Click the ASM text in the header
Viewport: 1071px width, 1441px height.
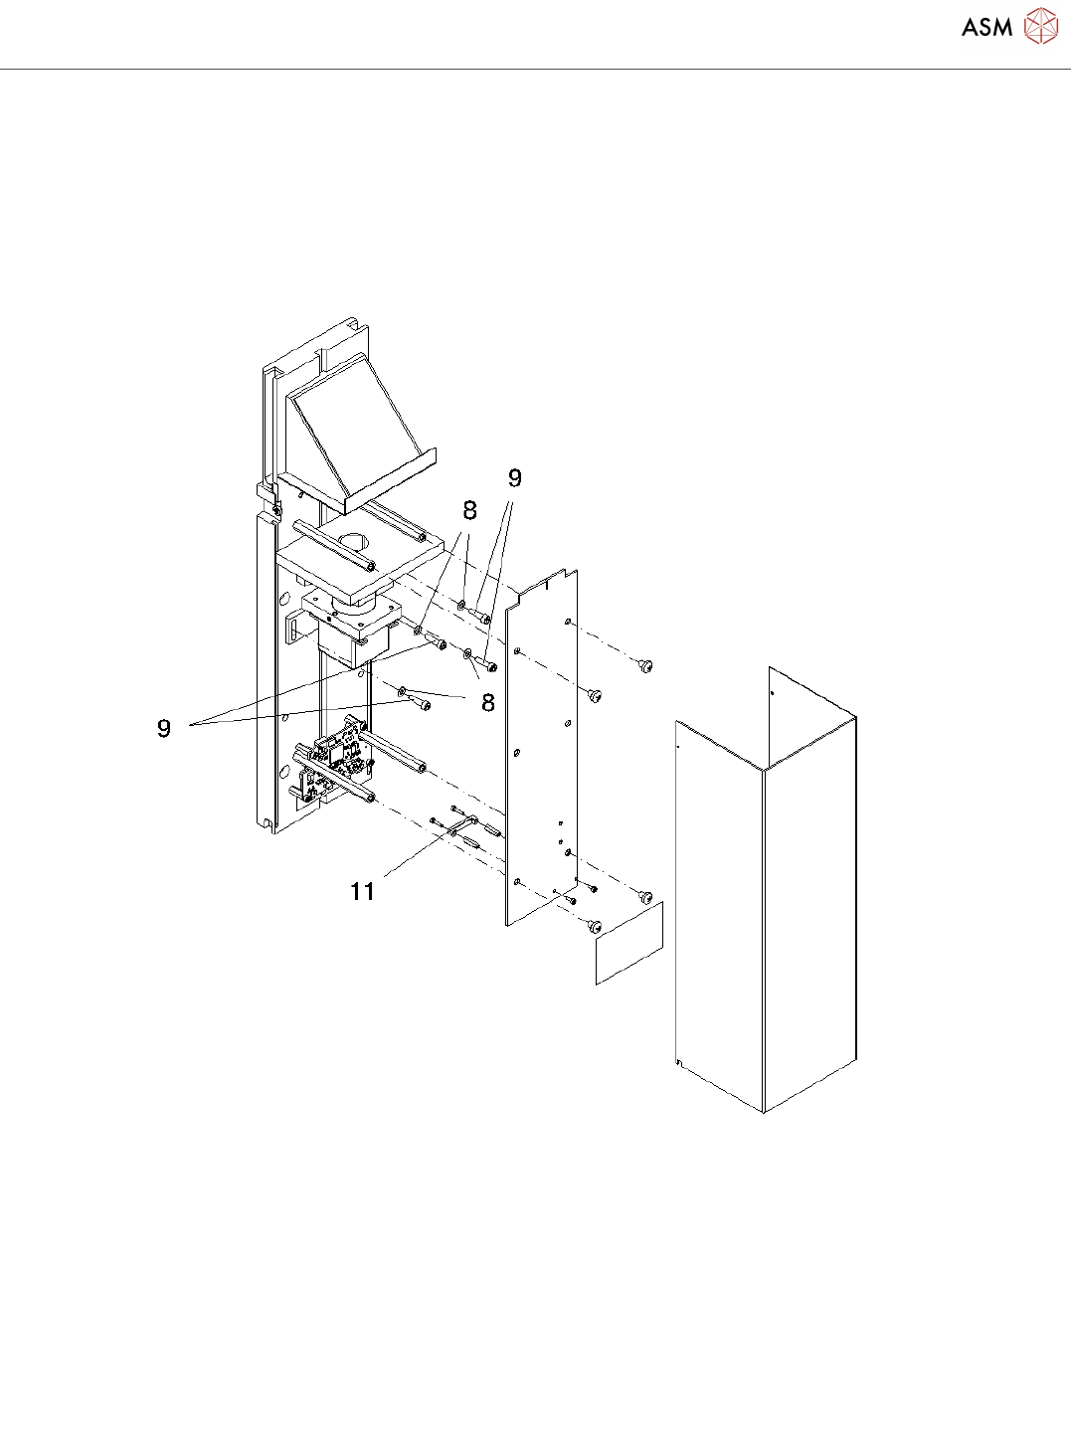pyautogui.click(x=986, y=28)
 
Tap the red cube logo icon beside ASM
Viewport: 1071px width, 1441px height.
pyautogui.click(x=1041, y=27)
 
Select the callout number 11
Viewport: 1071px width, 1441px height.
pyautogui.click(x=363, y=891)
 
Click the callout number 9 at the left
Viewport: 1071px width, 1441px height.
pyautogui.click(x=164, y=728)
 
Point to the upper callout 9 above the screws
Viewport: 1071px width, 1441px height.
pyautogui.click(x=514, y=478)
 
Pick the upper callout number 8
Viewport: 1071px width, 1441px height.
pyautogui.click(x=469, y=511)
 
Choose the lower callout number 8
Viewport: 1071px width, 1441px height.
pyautogui.click(x=487, y=703)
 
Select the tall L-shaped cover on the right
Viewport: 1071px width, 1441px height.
pyautogui.click(x=766, y=895)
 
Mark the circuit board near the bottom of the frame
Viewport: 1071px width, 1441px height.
pyautogui.click(x=336, y=761)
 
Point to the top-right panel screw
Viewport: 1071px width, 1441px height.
pyautogui.click(x=645, y=665)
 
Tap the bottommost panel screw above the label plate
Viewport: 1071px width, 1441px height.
pyautogui.click(x=595, y=927)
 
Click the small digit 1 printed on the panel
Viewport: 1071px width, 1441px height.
pyautogui.click(x=546, y=585)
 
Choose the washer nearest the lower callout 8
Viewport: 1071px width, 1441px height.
pyautogui.click(x=402, y=689)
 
